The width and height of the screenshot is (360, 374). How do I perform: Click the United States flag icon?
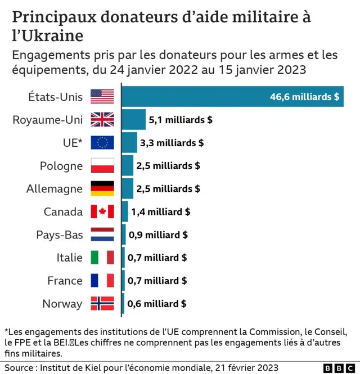102,97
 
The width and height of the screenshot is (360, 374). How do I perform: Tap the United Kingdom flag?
102,120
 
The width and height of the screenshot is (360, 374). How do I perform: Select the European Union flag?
102,143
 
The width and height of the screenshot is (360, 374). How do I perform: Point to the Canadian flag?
102,212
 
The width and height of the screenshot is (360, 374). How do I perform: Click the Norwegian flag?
102,304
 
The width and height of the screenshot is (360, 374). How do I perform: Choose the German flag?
102,189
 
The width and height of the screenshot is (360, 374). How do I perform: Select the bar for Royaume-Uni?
133,120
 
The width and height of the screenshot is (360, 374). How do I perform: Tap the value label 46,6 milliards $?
304,97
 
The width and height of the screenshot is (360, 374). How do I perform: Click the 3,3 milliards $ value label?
172,143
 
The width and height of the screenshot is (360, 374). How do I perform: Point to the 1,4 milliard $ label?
160,212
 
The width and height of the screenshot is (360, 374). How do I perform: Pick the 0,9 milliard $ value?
158,235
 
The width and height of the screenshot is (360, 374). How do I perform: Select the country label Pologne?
61,166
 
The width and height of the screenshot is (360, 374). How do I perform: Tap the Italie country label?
69,258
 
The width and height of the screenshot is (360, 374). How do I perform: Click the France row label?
65,281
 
